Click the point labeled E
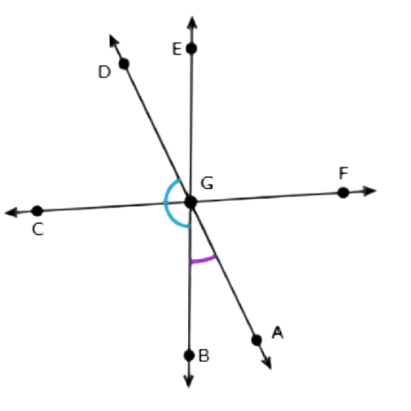(x=192, y=48)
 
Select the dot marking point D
(x=124, y=64)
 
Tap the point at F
(x=343, y=192)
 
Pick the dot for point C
(x=38, y=211)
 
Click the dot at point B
(x=189, y=355)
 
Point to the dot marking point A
(x=256, y=340)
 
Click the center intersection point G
(x=191, y=202)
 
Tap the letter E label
(x=177, y=49)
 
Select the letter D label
(x=104, y=72)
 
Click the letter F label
(x=344, y=173)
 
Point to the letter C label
(x=38, y=229)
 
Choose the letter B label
(x=204, y=356)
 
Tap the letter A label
(x=278, y=332)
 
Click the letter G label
(x=207, y=183)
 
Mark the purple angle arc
(x=203, y=261)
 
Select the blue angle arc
(x=164, y=203)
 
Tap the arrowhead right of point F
(x=370, y=191)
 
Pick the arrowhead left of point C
(x=12, y=212)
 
